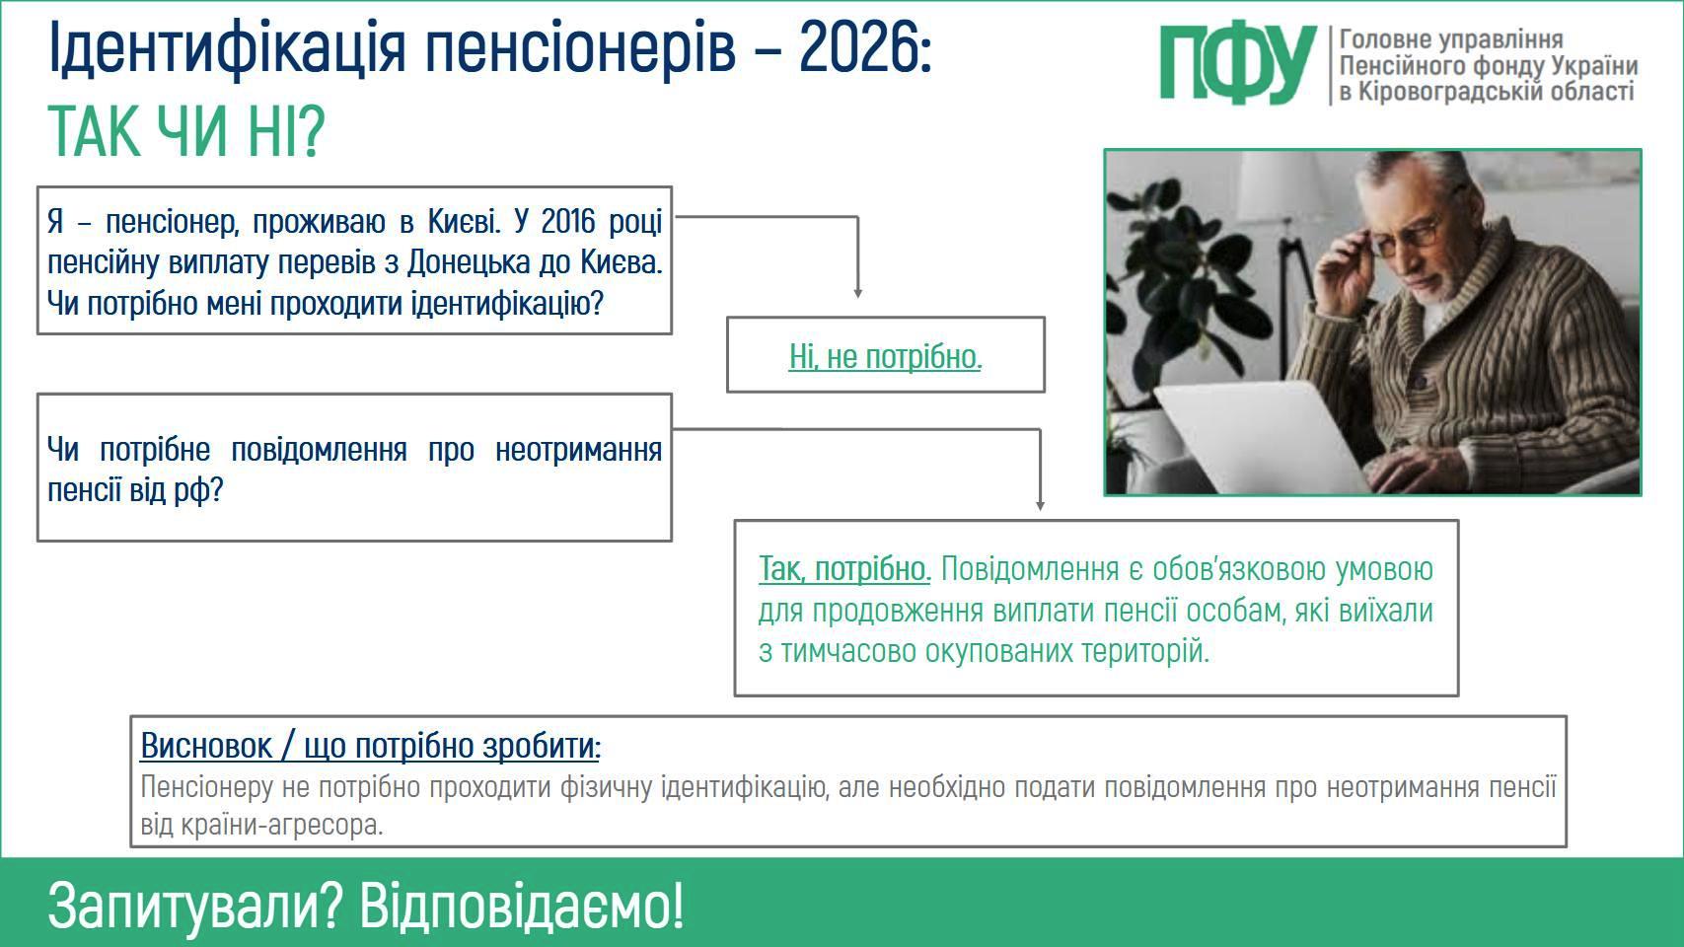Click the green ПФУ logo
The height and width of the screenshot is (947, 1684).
click(x=1237, y=65)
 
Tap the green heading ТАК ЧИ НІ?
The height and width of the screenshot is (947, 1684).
click(x=185, y=131)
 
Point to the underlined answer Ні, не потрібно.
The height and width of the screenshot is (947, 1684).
click(x=886, y=356)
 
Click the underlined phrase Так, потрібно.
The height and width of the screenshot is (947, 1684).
click(x=844, y=569)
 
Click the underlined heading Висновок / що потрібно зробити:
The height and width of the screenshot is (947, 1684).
click(x=371, y=746)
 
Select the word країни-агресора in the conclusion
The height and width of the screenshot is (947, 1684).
click(x=283, y=826)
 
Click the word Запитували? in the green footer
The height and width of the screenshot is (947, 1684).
click(x=195, y=907)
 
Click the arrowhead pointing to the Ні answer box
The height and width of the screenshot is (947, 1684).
click(x=858, y=293)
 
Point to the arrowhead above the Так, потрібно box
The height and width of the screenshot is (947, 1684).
click(x=1041, y=505)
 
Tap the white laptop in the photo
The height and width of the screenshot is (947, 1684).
click(x=1263, y=436)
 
